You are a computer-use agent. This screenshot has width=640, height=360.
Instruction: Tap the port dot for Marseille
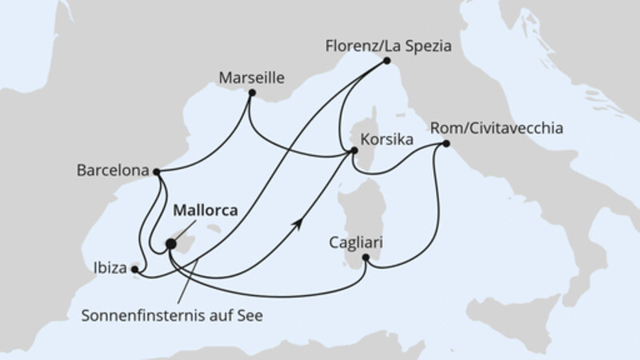252,94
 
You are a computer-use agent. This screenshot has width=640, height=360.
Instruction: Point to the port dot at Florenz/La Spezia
387,60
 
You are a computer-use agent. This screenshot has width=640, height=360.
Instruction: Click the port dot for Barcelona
157,171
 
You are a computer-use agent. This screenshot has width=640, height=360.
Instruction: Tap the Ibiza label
110,269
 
